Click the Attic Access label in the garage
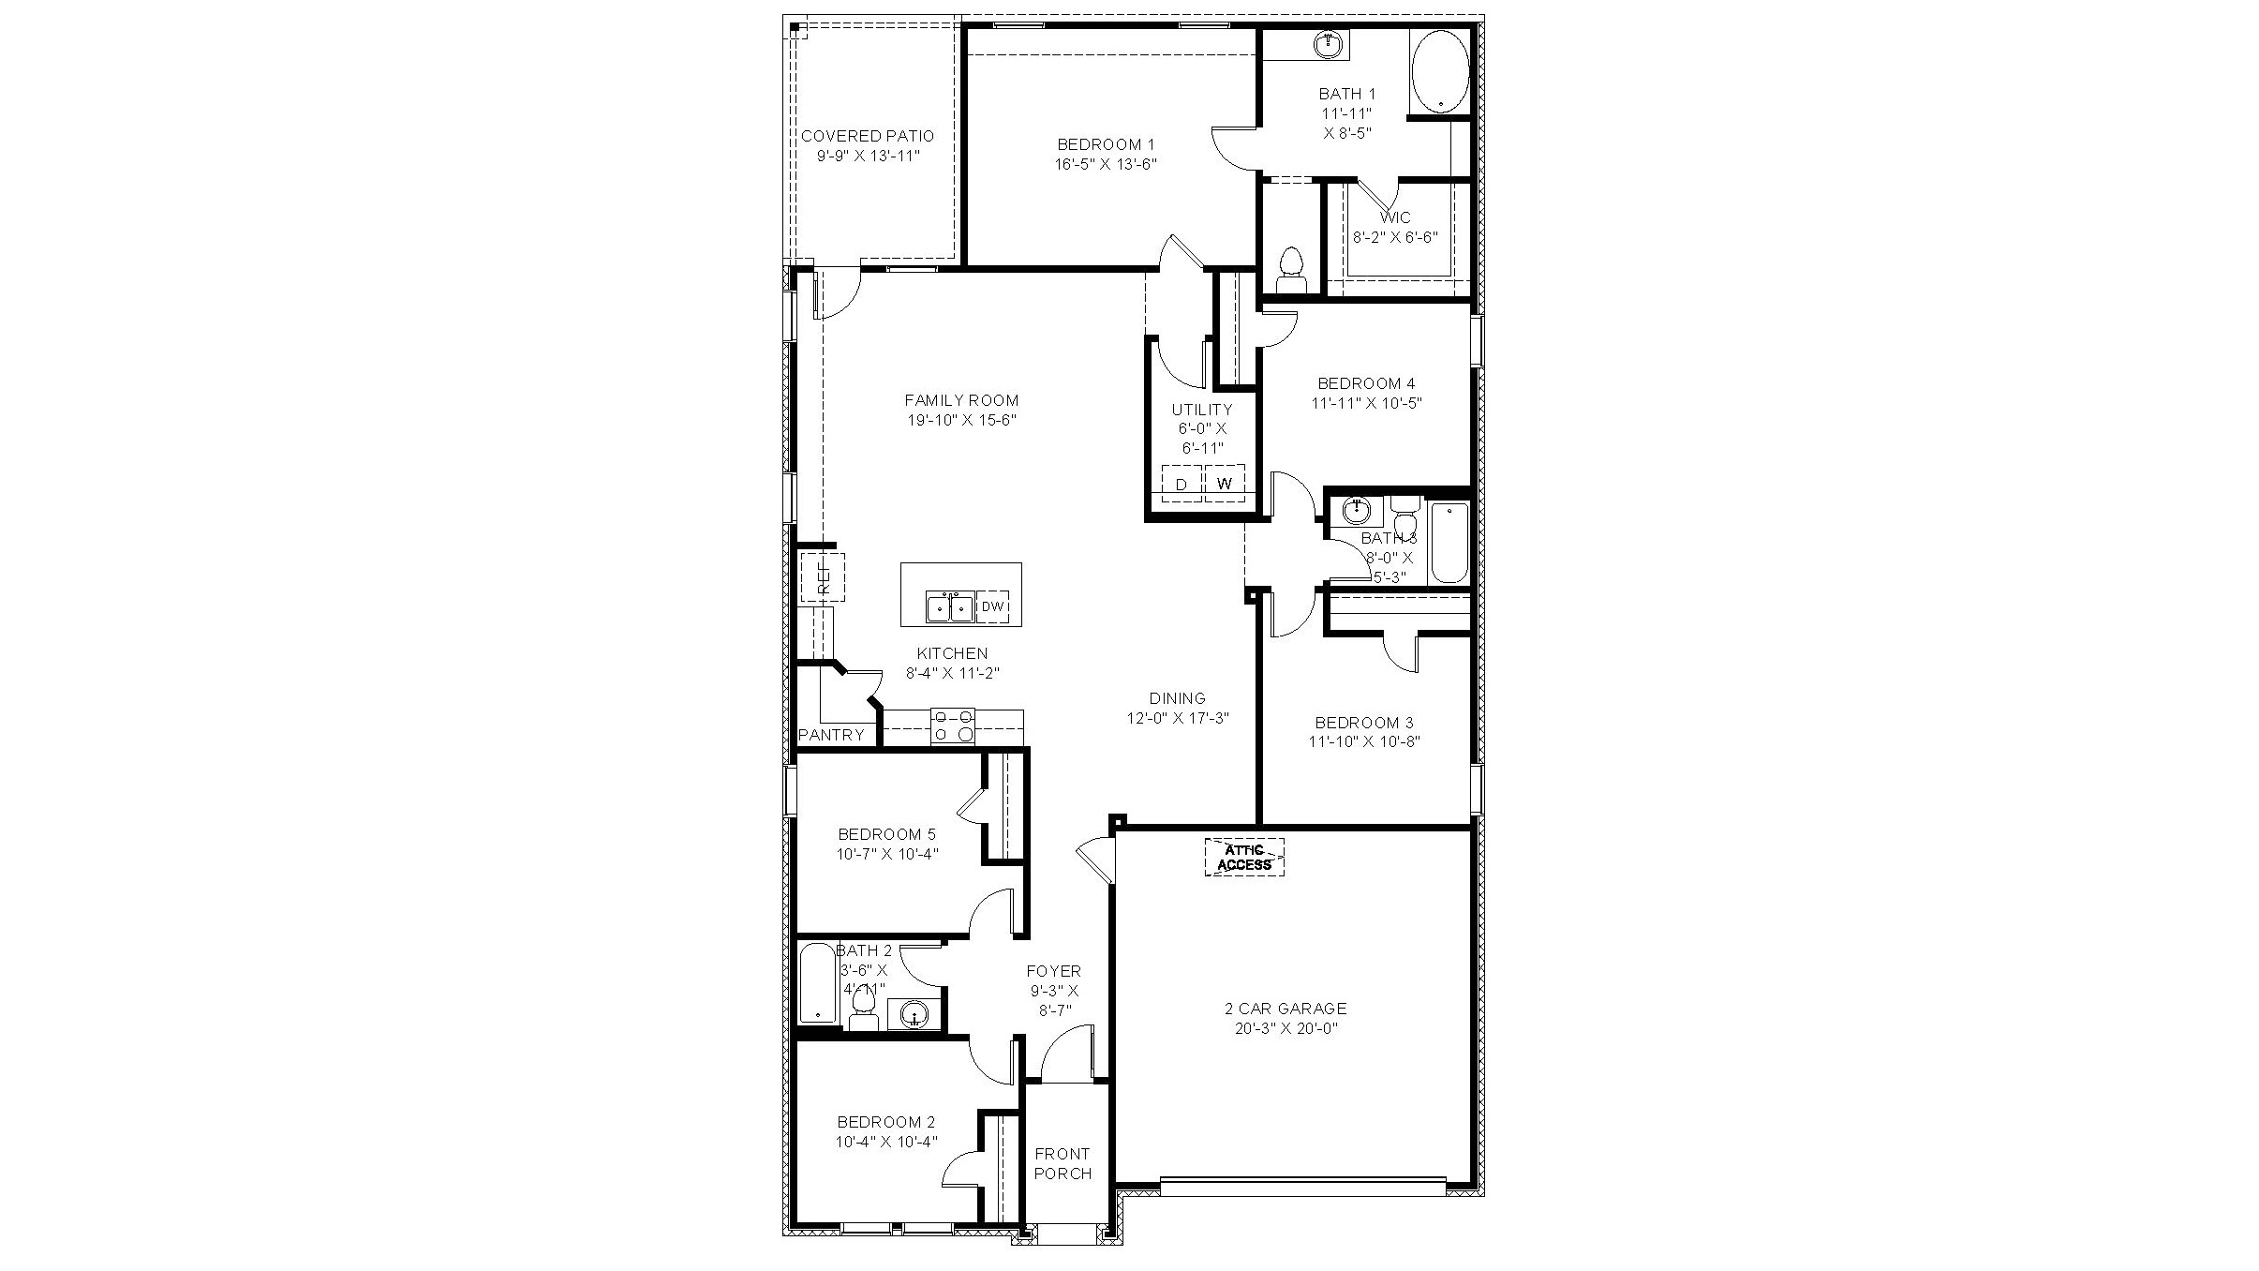[x=1243, y=857]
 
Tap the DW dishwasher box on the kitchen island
[x=992, y=607]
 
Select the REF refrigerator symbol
[x=823, y=577]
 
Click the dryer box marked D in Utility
[x=1182, y=484]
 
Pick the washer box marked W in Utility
[x=1224, y=484]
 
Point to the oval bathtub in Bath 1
[x=1440, y=71]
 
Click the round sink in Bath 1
[x=1327, y=43]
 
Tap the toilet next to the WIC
[x=1291, y=268]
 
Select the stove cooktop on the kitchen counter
[x=952, y=726]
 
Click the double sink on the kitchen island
[x=949, y=607]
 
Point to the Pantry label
[x=831, y=735]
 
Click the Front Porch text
[x=1063, y=1163]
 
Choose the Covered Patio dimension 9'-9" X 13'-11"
[x=868, y=156]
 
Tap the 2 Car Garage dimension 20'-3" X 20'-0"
[x=1286, y=1028]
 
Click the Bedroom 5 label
[x=886, y=834]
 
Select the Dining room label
[x=1177, y=698]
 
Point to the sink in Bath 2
[x=914, y=1013]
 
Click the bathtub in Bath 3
[x=1449, y=543]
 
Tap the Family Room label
[x=961, y=400]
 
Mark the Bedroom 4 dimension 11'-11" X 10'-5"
[x=1366, y=403]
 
